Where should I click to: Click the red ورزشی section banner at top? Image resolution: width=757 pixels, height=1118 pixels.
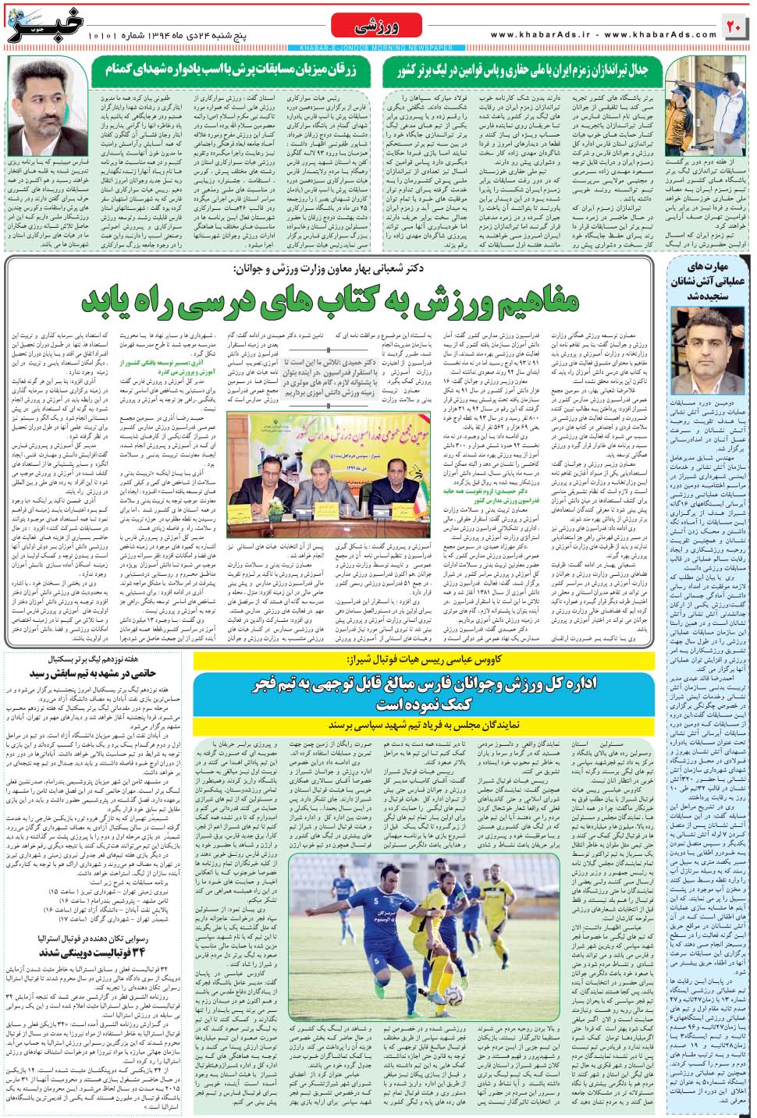point(378,27)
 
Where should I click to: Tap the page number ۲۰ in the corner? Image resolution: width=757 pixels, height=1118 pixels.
point(734,27)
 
